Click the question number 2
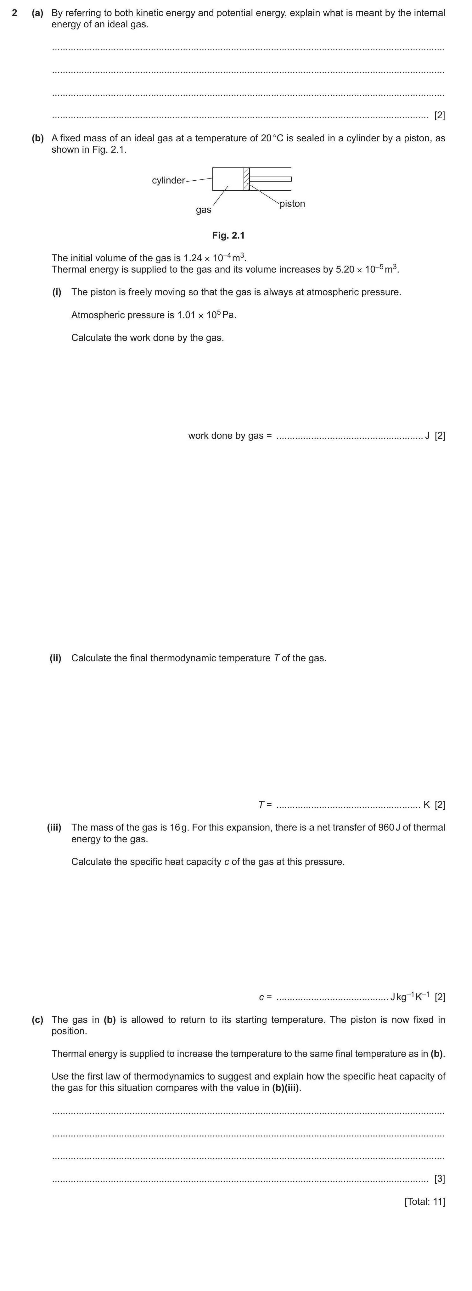[x=14, y=13]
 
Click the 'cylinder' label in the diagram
[x=168, y=180]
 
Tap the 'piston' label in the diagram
[x=292, y=204]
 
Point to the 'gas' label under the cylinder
[x=203, y=210]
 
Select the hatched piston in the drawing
[x=246, y=179]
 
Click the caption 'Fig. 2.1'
[x=228, y=235]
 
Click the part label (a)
[x=37, y=13]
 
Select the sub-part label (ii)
[x=55, y=658]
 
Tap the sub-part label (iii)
[x=54, y=827]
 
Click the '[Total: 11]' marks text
[x=424, y=1201]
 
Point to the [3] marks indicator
[x=439, y=1179]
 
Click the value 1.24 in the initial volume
[x=192, y=258]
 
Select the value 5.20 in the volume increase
[x=345, y=270]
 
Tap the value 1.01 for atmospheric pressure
[x=186, y=315]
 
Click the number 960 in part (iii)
[x=386, y=827]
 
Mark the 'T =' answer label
[x=265, y=805]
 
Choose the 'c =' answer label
[x=265, y=997]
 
